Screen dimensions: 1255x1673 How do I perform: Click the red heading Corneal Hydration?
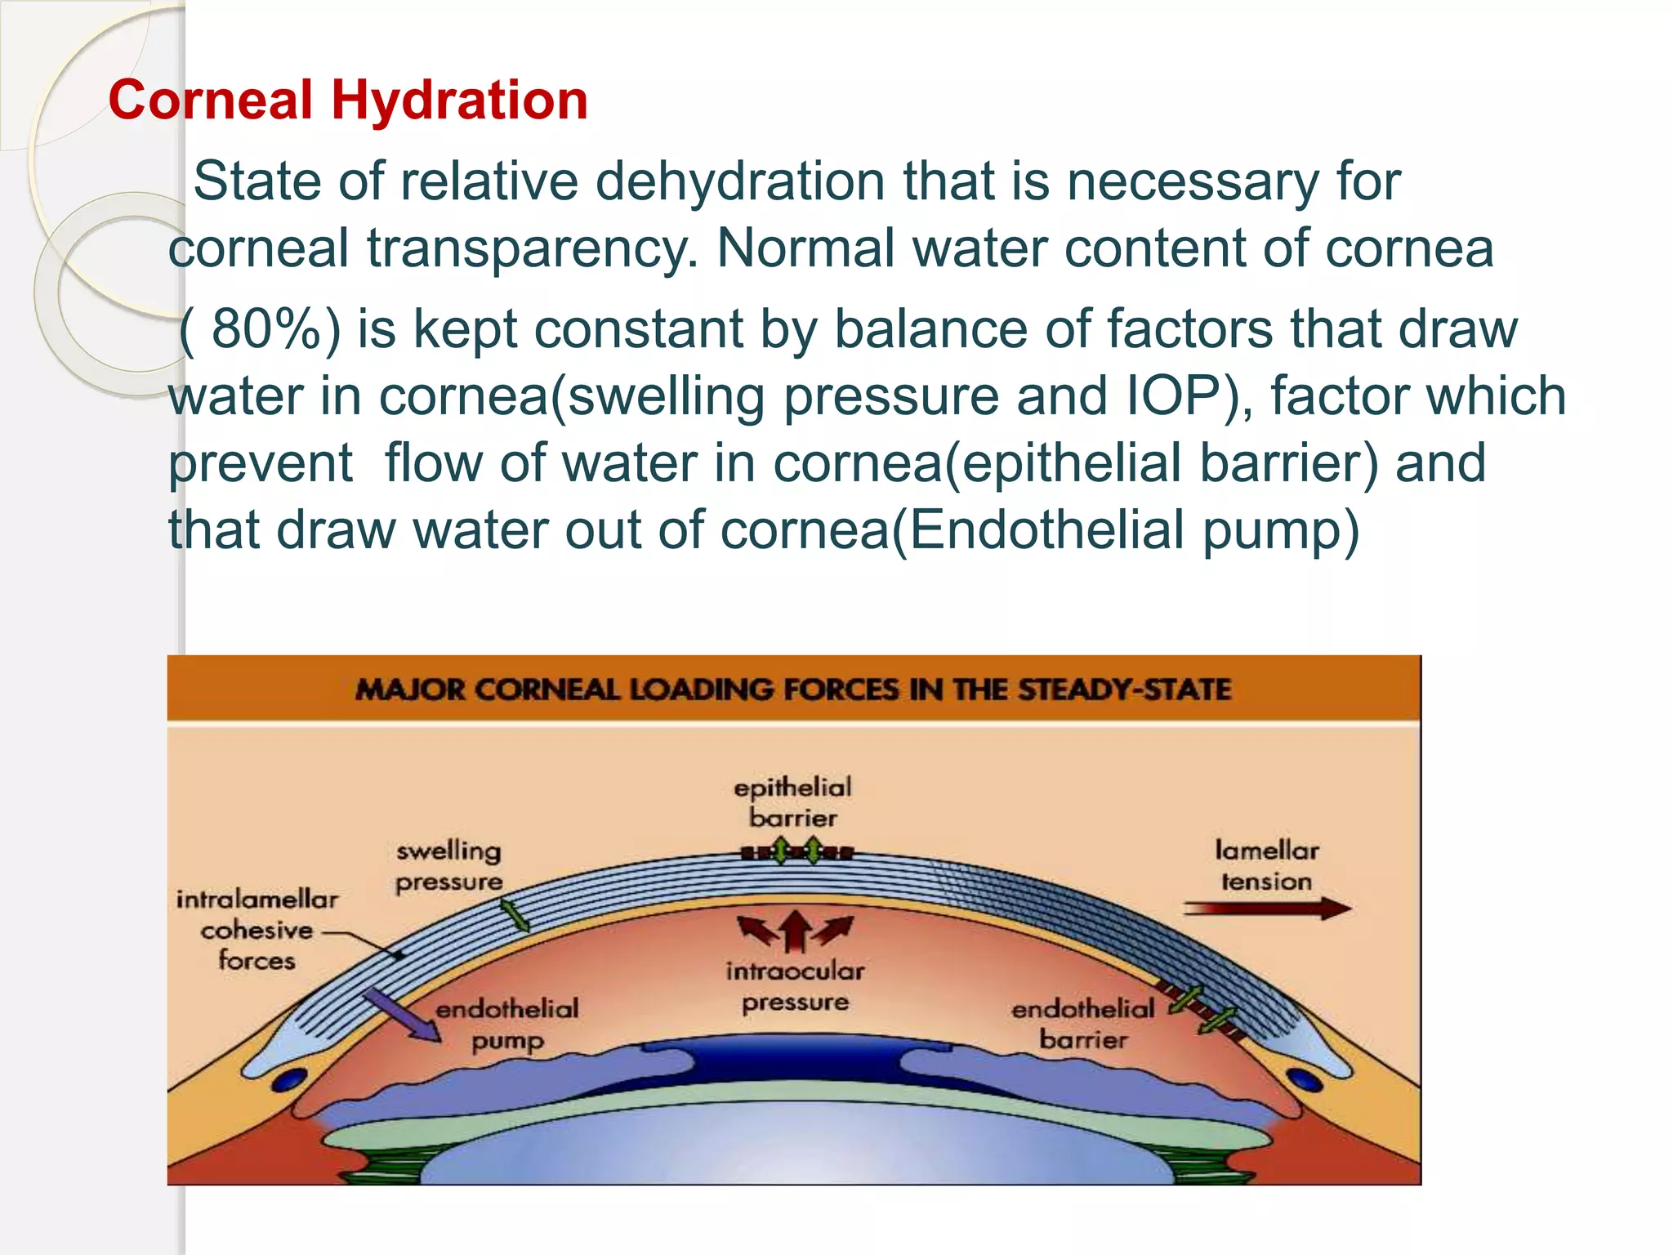[348, 100]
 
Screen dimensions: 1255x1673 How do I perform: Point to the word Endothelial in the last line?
[1046, 530]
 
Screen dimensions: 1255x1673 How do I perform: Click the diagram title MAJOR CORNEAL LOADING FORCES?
[792, 690]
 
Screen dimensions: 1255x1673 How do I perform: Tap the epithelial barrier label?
[792, 802]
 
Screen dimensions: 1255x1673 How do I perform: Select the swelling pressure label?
[448, 866]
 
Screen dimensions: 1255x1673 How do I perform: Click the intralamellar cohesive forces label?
[257, 930]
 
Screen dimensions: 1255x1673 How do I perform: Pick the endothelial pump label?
[507, 1025]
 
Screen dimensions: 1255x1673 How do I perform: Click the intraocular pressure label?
[795, 986]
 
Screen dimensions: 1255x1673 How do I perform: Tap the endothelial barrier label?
[1083, 1025]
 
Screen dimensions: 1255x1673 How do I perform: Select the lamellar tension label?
[1266, 866]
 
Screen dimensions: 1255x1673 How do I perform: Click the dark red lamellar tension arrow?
[1266, 909]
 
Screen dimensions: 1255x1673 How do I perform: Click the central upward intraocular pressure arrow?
[795, 931]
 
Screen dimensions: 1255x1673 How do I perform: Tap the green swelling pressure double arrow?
[515, 916]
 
